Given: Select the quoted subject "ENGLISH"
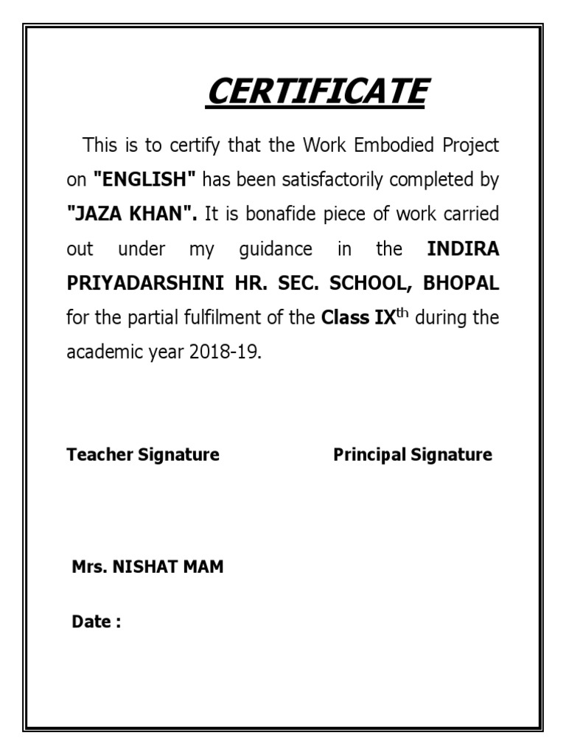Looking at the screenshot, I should click(144, 180).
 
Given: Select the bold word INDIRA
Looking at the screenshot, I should click(463, 249).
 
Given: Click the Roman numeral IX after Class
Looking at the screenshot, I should click(377, 319).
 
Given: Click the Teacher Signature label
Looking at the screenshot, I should click(143, 454).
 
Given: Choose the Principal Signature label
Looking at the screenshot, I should click(413, 454).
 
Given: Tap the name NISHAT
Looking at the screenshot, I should click(144, 568).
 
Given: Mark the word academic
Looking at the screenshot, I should click(99, 353).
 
